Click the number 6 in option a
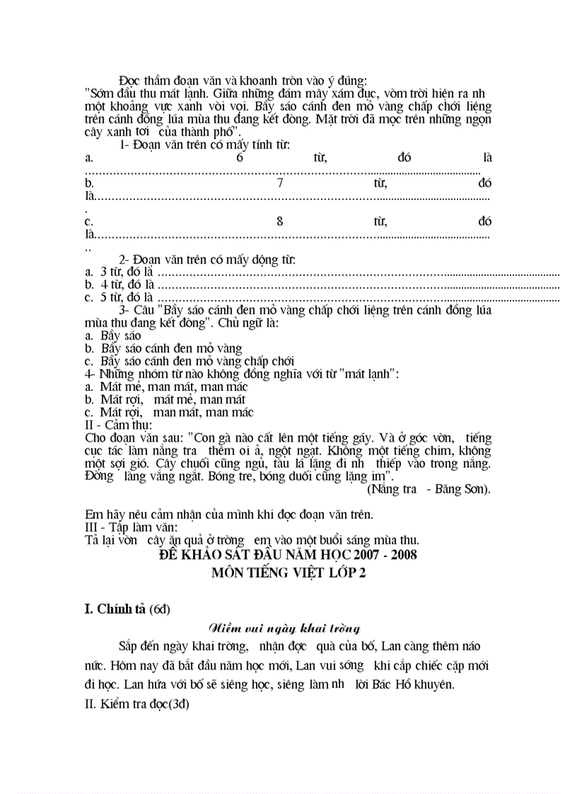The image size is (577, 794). click(x=240, y=158)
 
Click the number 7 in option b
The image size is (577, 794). click(x=280, y=183)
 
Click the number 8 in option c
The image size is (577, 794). click(x=280, y=221)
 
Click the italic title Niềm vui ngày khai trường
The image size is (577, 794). click(x=285, y=628)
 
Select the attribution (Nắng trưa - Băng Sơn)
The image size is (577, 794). click(x=429, y=489)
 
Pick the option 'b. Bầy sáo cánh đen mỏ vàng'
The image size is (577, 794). click(x=163, y=349)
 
